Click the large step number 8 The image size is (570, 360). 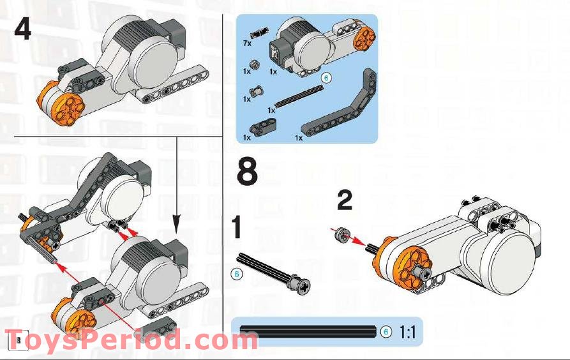tap(248, 172)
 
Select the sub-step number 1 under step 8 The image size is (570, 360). tap(237, 228)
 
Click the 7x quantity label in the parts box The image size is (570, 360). tap(247, 43)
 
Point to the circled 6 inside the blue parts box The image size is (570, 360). tap(326, 78)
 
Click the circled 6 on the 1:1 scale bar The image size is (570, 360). tap(385, 332)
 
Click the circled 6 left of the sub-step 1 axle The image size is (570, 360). tap(236, 274)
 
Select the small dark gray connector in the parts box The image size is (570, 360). tap(260, 128)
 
